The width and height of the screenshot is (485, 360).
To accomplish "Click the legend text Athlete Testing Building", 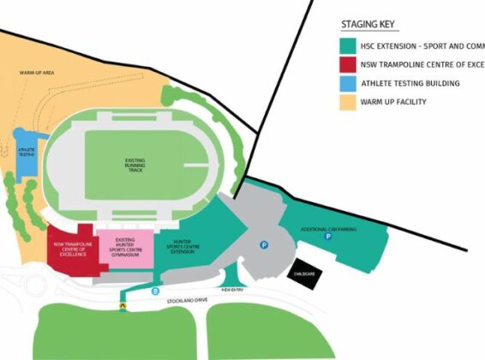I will (x=410, y=83).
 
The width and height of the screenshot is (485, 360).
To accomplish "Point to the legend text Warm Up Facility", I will (x=394, y=103).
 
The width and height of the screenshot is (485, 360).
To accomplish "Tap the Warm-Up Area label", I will (x=37, y=74).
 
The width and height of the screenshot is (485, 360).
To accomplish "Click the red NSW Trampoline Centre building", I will (x=71, y=249).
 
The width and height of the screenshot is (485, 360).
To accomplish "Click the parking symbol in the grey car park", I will (x=265, y=244).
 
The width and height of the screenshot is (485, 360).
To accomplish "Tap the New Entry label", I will (x=233, y=291).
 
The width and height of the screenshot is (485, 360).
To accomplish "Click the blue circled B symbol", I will (x=155, y=292).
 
